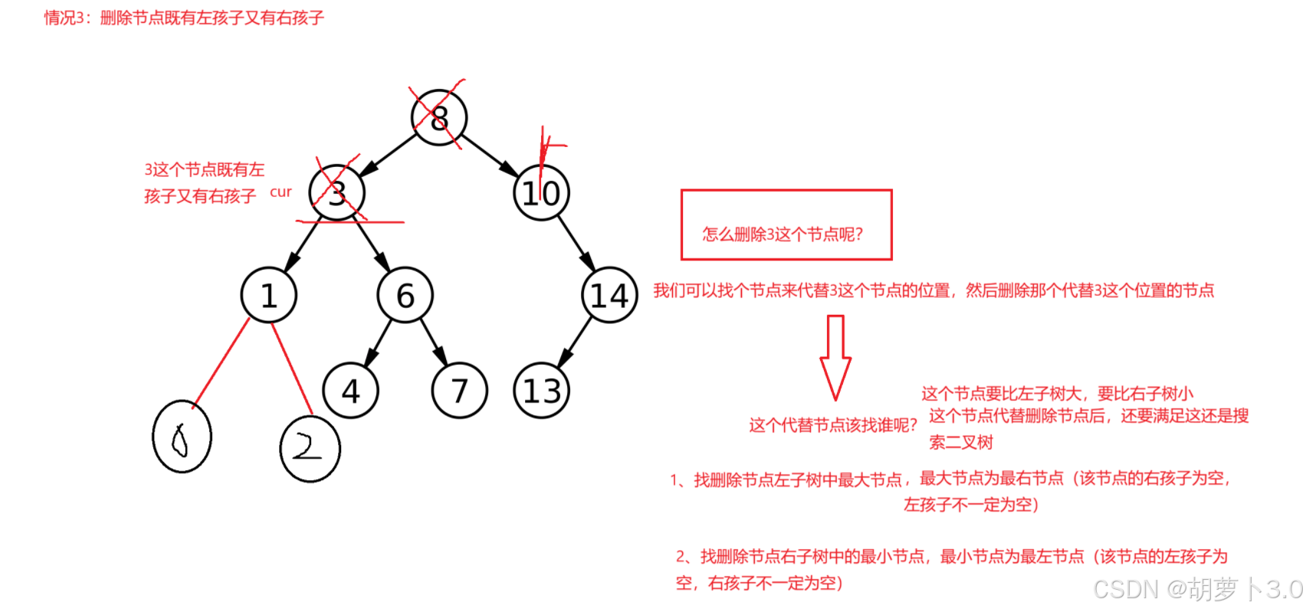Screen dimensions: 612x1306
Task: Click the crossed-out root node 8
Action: tap(438, 117)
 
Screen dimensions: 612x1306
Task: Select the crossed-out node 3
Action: tap(336, 193)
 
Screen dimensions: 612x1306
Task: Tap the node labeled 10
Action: tap(541, 193)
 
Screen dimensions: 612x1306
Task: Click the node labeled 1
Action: tap(268, 295)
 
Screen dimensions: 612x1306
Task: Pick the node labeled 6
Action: tap(405, 295)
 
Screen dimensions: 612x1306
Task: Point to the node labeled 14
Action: tap(609, 295)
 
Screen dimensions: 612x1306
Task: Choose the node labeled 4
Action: tap(350, 391)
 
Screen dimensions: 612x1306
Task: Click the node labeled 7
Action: tap(459, 391)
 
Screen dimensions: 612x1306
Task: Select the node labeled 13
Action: tap(541, 391)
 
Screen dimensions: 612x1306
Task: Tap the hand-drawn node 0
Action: tap(182, 437)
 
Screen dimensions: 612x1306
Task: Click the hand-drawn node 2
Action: tap(310, 449)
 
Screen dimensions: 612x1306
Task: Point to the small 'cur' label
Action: tap(281, 192)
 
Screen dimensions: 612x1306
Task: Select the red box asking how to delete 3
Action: tap(786, 224)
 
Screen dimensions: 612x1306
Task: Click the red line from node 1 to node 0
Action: tap(221, 362)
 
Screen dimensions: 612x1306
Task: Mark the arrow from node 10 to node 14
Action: tap(576, 244)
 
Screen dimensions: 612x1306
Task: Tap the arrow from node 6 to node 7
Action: tap(433, 342)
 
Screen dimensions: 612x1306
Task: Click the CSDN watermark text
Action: tap(1197, 589)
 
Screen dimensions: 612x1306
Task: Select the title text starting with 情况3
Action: tap(184, 18)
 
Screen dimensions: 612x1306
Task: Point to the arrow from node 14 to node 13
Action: tap(576, 342)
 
